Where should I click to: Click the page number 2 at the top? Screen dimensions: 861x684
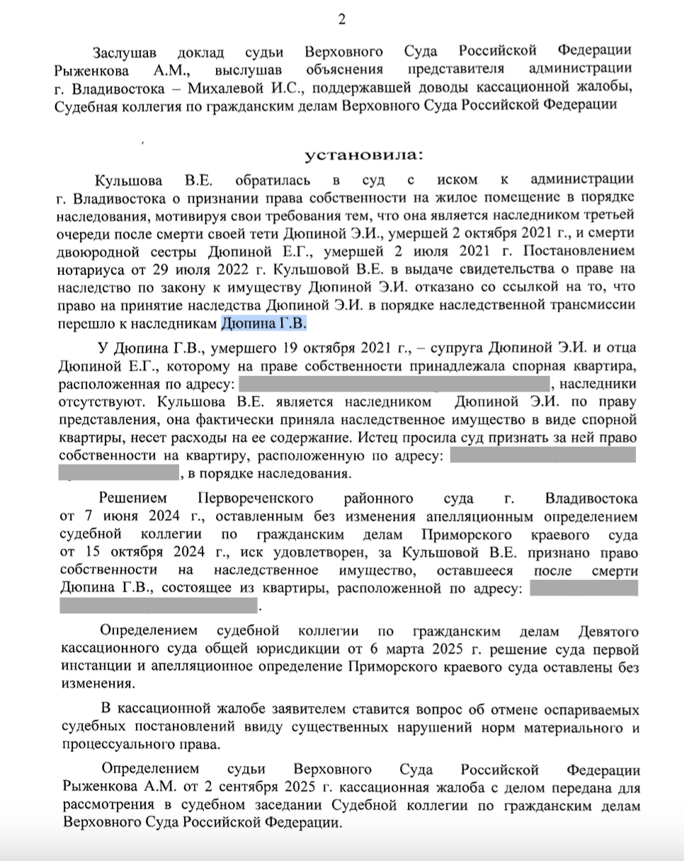coord(341,19)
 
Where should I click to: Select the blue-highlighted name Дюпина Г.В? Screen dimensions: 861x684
coord(265,324)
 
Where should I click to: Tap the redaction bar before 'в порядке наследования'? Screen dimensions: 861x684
coord(120,473)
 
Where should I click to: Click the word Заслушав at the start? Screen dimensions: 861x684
coord(127,52)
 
